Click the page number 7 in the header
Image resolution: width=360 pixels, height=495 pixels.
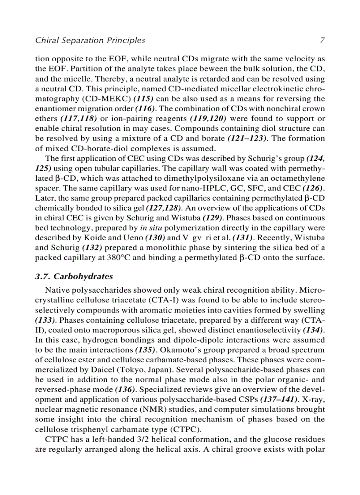[x=322, y=41]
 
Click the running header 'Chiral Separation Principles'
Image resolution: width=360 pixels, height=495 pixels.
[x=90, y=41]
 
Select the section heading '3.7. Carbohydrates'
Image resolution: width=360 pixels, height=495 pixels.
[x=74, y=277]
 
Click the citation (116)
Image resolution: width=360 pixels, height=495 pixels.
[x=144, y=108]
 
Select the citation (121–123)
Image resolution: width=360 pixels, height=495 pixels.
[x=247, y=138]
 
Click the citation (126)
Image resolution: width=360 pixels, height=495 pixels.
[x=314, y=188]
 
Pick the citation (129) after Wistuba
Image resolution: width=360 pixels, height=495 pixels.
[x=214, y=218]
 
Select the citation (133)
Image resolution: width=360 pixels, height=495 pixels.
[x=45, y=320]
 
